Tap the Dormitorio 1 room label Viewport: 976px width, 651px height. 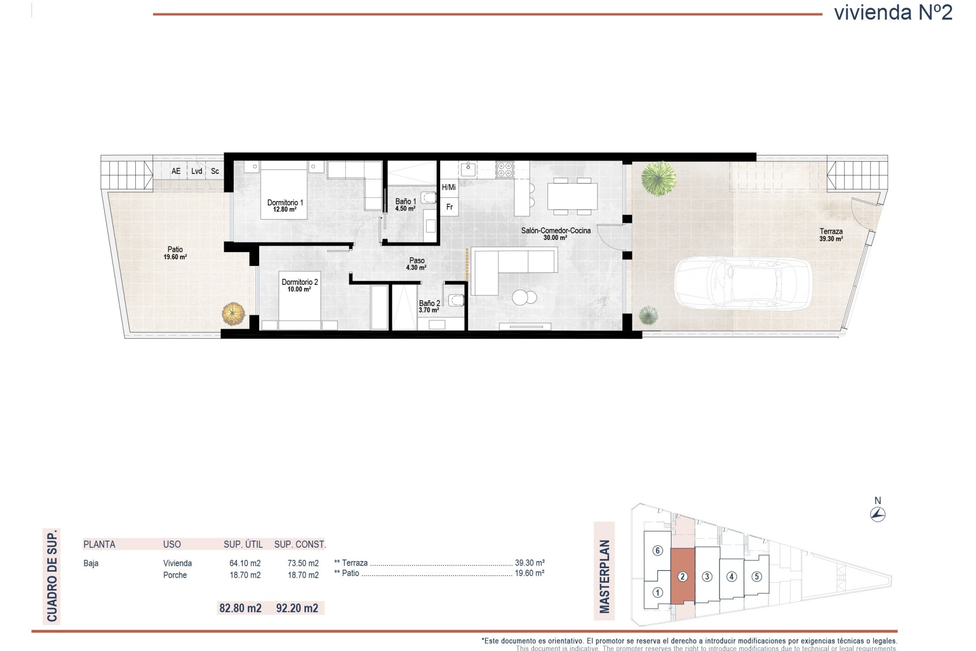[285, 205]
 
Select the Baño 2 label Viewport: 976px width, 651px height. [429, 306]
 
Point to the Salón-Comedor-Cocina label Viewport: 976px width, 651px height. [556, 234]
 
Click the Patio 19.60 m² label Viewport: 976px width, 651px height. [175, 253]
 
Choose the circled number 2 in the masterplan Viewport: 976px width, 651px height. [683, 576]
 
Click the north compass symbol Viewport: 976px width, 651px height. [878, 514]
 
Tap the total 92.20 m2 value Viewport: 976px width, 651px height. [297, 608]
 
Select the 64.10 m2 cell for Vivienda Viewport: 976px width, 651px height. [245, 563]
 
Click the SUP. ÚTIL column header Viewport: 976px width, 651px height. [243, 544]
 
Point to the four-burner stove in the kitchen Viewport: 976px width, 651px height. [505, 169]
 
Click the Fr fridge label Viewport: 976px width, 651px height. [449, 207]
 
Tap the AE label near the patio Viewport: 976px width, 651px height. [176, 171]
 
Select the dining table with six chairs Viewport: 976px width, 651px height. [572, 196]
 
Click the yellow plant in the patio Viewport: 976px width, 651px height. [233, 314]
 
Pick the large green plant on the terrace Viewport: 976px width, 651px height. [658, 179]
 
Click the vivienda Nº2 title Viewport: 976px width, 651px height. [893, 13]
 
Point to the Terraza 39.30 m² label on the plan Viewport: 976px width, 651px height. [831, 234]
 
